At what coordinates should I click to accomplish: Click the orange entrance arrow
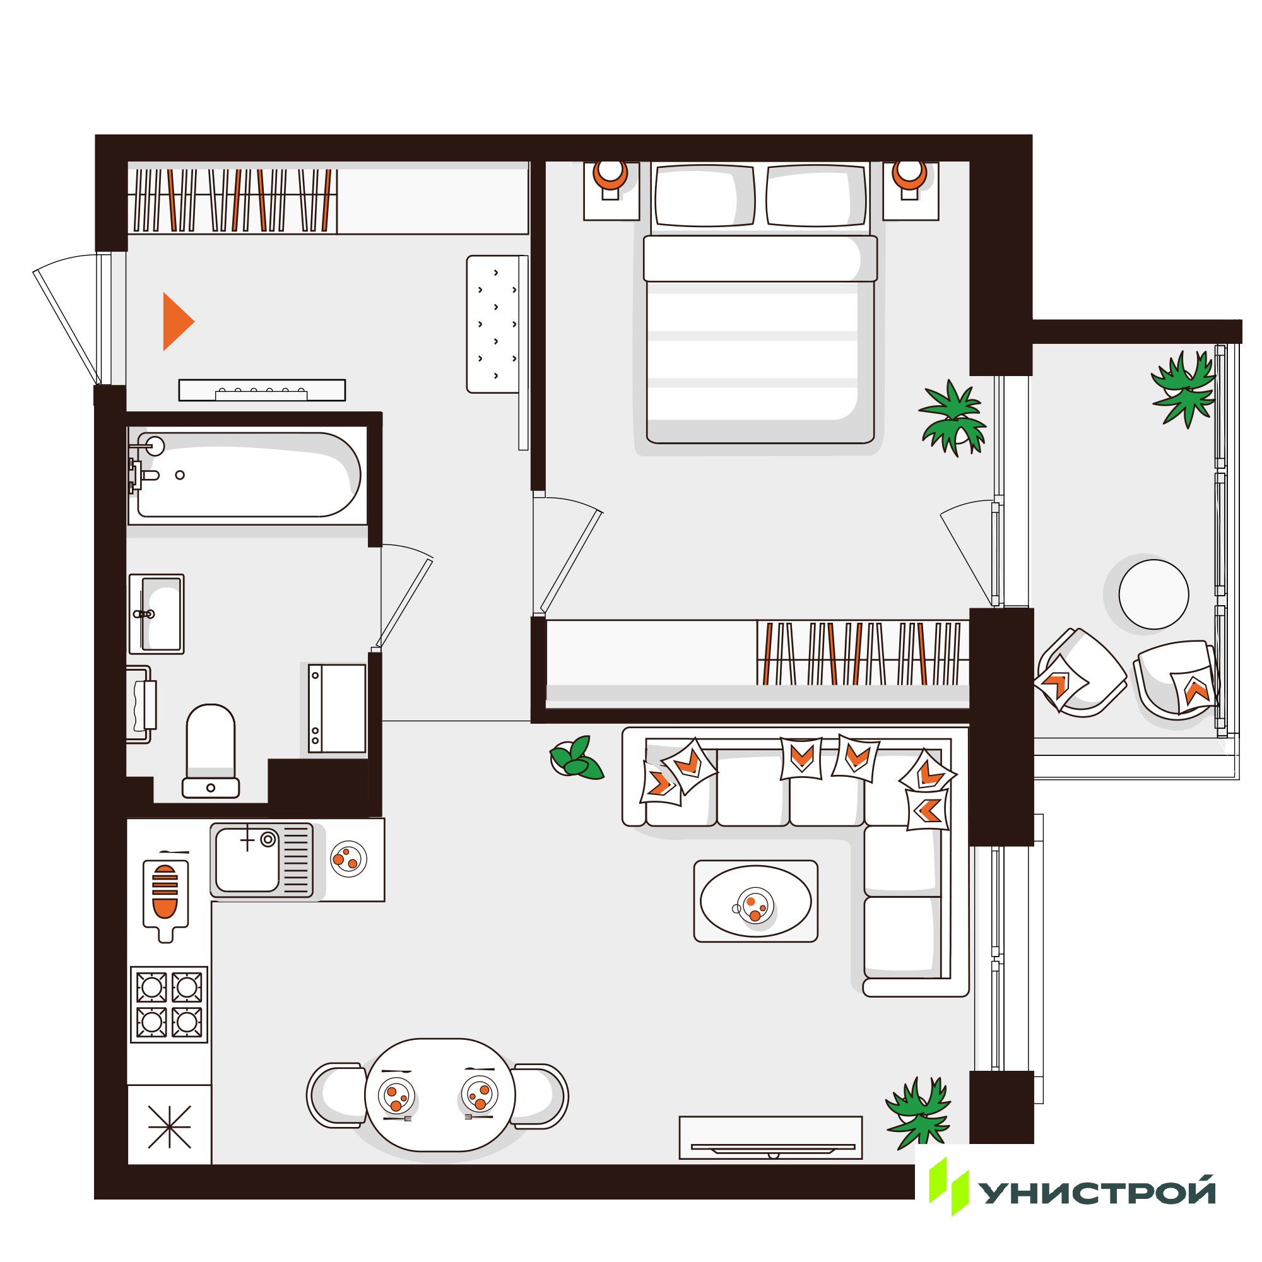click(x=177, y=321)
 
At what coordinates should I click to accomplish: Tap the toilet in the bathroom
click(x=210, y=750)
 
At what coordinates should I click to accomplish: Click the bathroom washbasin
click(x=156, y=613)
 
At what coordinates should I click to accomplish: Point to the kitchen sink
click(x=261, y=859)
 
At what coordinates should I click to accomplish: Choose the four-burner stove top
click(x=169, y=1005)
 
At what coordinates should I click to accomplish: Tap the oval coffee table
click(x=756, y=902)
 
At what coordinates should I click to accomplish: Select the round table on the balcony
click(x=1153, y=594)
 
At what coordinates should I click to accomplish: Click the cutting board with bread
click(x=165, y=899)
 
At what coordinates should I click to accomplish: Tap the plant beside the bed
click(x=953, y=417)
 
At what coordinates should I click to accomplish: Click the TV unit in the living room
click(x=771, y=1137)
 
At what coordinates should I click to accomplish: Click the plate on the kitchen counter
click(x=349, y=858)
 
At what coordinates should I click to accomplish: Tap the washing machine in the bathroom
click(x=337, y=709)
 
